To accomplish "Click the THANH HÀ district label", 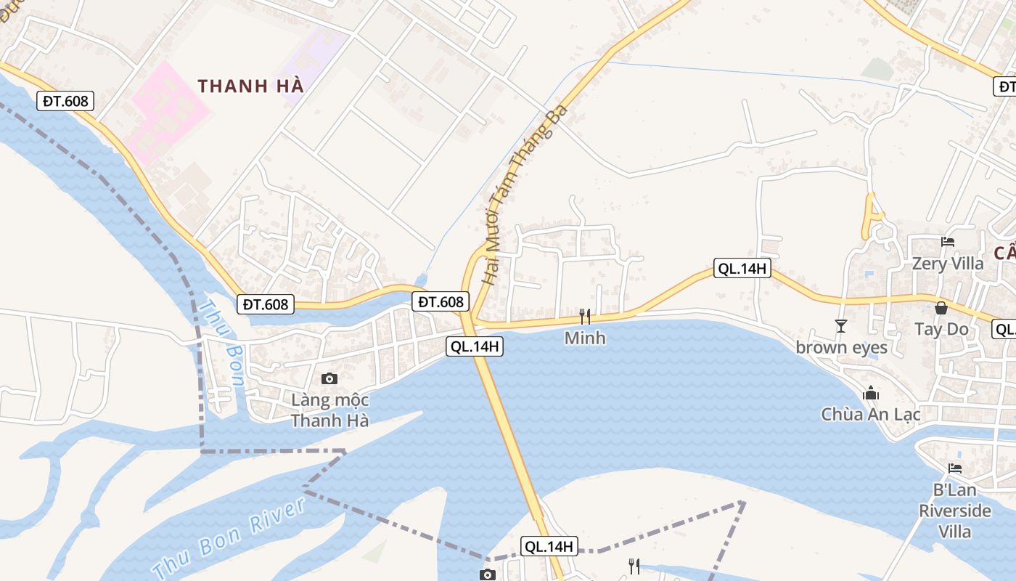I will [x=250, y=86].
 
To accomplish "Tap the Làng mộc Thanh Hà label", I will [x=330, y=410].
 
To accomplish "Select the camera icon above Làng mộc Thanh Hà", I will [x=329, y=378].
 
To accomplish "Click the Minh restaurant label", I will [x=585, y=338].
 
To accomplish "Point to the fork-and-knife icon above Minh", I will [x=585, y=317].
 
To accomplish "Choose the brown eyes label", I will [x=842, y=347].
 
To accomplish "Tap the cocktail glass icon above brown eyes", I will [x=841, y=326].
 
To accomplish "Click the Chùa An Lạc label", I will [x=871, y=414].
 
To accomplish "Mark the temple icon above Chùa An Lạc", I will [x=871, y=394].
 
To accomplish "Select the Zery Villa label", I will [x=948, y=263].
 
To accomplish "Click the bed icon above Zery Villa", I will [x=948, y=242].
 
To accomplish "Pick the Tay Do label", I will [x=941, y=329].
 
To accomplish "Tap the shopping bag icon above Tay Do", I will [x=941, y=308].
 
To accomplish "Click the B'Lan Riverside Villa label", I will [x=955, y=510].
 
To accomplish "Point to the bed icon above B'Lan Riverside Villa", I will [x=955, y=468].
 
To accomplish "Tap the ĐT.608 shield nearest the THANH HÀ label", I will [x=65, y=101].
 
